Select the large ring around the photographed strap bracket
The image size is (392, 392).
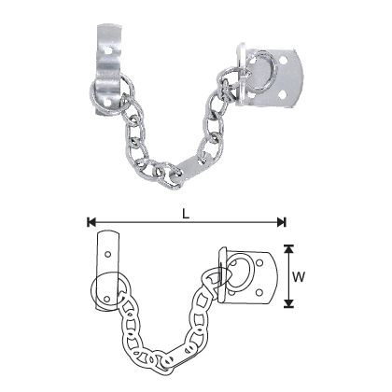pos(105,92)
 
